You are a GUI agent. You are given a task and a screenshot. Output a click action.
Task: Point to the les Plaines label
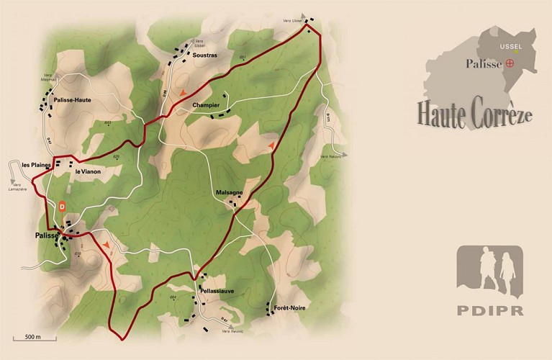point(36,164)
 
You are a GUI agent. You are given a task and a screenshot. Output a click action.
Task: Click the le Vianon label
point(87,171)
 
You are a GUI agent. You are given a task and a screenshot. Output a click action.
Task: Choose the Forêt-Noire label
point(286,307)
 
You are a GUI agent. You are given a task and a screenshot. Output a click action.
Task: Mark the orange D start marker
point(63,207)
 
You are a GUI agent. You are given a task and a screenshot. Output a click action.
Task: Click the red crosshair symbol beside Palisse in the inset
point(511,63)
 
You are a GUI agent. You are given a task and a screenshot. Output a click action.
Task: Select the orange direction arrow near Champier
point(184,91)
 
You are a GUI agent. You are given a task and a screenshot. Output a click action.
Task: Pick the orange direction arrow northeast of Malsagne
point(271,146)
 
